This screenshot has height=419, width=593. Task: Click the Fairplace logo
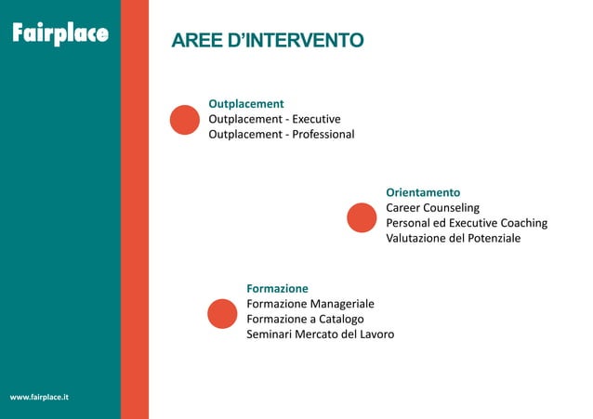point(59,34)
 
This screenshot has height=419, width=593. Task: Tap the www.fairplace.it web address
point(38,398)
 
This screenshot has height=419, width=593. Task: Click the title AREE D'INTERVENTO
point(267,41)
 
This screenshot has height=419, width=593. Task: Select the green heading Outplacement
point(245,103)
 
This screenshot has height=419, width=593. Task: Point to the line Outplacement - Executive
point(274,119)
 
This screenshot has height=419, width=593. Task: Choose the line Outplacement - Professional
point(281,135)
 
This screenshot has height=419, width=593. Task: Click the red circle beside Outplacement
point(185,120)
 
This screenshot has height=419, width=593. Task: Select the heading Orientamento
point(423,192)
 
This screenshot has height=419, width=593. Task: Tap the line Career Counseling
point(432,208)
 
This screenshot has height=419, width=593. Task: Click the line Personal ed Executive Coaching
point(467,224)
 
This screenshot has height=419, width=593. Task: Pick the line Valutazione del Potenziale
point(454,239)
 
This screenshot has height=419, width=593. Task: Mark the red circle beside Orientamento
point(361,217)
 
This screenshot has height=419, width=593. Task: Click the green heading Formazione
point(277,288)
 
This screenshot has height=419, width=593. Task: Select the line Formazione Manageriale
point(310,304)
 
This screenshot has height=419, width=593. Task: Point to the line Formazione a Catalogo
point(298,319)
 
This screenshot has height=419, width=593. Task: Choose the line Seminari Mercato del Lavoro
point(320,334)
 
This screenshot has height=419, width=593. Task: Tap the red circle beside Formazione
point(222,314)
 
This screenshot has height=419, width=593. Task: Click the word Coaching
point(523,224)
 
